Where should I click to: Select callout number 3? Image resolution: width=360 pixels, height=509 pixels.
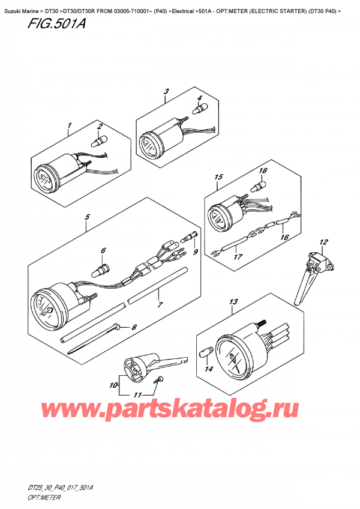coord(166,91)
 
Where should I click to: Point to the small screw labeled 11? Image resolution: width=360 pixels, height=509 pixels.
coord(159,379)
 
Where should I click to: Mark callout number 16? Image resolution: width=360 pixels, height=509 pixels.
coord(284,237)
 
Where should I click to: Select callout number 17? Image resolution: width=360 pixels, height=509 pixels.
coord(238,257)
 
